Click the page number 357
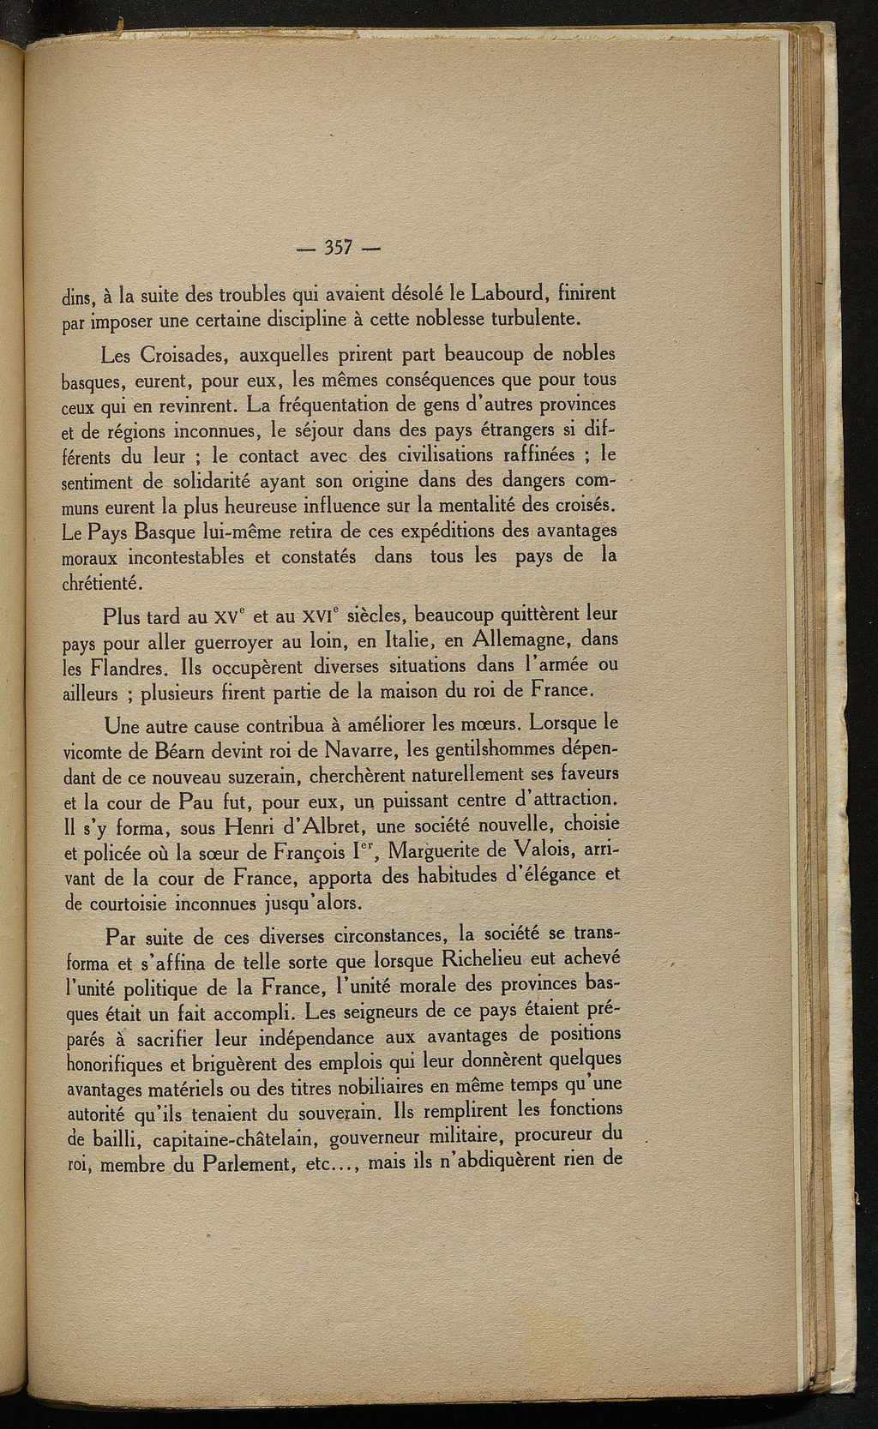pos(340,249)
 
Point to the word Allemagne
pos(508,640)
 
